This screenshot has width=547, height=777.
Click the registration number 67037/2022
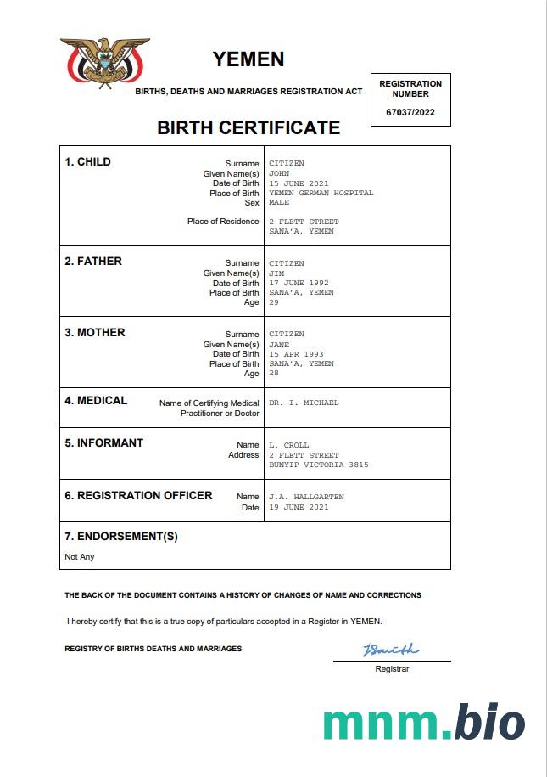point(410,112)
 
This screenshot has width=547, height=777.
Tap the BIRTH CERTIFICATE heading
point(248,128)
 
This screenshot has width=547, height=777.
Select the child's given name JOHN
point(279,173)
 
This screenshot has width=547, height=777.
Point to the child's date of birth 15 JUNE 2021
point(299,183)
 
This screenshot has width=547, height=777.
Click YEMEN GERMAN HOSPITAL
point(321,193)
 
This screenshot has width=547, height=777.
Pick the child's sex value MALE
point(279,203)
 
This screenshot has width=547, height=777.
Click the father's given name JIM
point(276,273)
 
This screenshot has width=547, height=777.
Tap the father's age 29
point(274,302)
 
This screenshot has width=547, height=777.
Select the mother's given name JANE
point(279,345)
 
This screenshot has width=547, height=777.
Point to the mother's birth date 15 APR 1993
point(296,354)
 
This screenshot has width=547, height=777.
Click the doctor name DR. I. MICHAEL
point(304,403)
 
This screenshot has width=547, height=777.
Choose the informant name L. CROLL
point(288,445)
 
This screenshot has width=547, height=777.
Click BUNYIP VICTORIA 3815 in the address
point(318,465)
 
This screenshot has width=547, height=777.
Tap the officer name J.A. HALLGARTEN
point(306,497)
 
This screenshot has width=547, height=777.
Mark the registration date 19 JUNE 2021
point(299,507)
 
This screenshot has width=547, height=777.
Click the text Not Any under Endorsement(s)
point(80,557)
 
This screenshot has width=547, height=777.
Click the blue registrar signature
point(391,650)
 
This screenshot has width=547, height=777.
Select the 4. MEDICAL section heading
point(96,401)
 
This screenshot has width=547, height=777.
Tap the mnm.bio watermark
point(423,722)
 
